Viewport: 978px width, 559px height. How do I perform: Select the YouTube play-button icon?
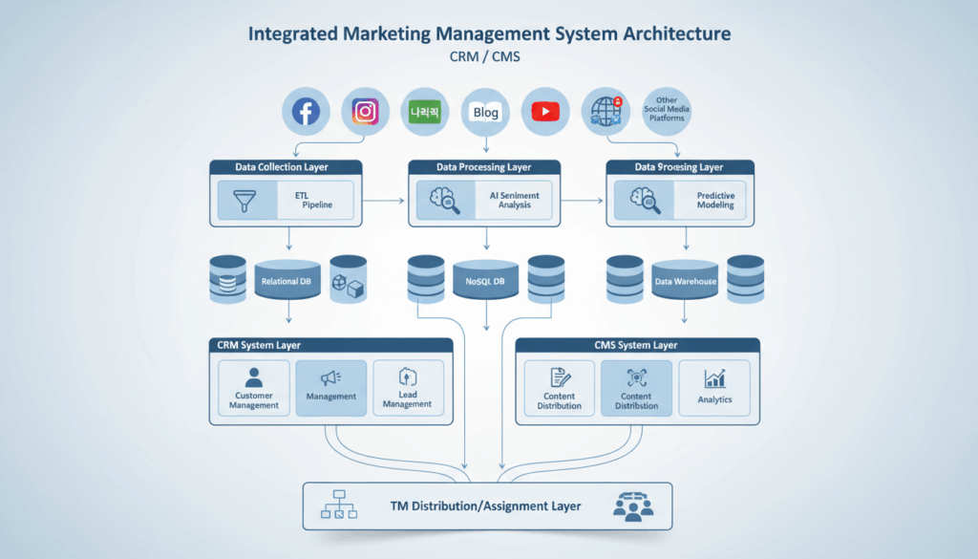[545, 112]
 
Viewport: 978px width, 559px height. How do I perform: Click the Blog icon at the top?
[486, 112]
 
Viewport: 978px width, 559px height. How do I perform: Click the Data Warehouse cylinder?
[683, 282]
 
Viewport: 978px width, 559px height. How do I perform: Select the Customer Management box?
[254, 387]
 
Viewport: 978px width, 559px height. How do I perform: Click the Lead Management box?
[408, 387]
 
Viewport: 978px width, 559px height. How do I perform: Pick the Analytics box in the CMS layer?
[713, 387]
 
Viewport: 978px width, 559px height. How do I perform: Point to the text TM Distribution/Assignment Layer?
[484, 505]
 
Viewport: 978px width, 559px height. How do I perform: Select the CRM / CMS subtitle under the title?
[488, 56]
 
